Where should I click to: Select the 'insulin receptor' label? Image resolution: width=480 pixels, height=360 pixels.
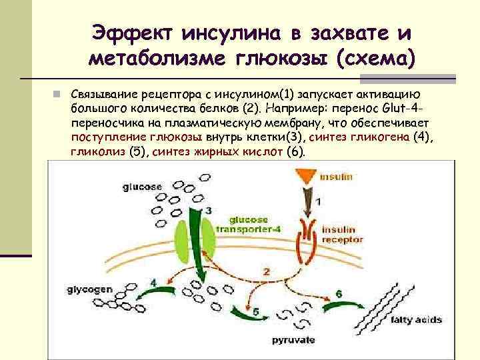[x=342, y=233]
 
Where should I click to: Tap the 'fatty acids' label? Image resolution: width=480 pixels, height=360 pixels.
[x=416, y=319]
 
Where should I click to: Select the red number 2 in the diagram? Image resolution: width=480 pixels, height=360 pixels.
[x=266, y=271]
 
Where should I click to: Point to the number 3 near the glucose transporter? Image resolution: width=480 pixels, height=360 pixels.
[x=209, y=211]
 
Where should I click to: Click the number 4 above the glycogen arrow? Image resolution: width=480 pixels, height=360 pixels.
[x=154, y=282]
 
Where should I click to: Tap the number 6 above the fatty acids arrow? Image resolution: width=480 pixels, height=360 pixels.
[x=339, y=293]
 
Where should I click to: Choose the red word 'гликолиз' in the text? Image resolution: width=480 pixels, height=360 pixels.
[x=97, y=152]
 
